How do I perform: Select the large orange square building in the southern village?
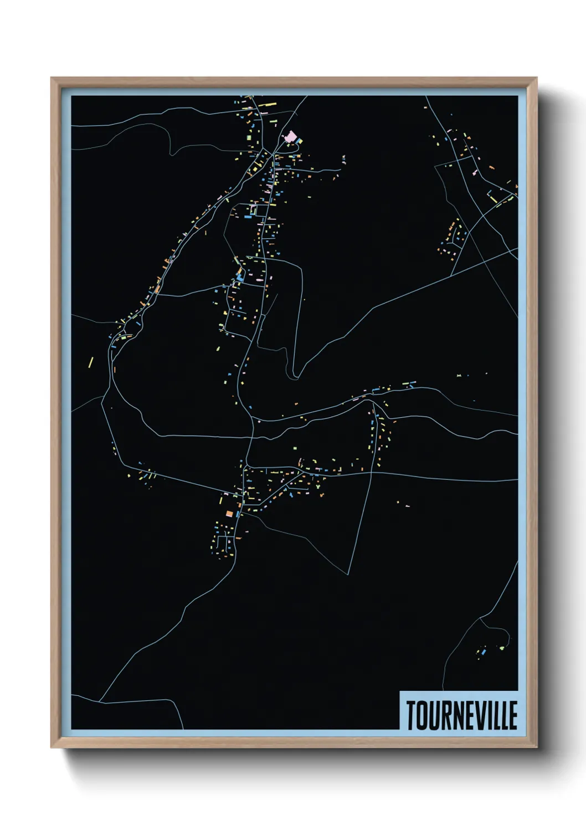pos(229,514)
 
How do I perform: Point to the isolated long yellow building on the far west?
pos(91,362)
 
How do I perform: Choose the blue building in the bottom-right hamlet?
pos(483,652)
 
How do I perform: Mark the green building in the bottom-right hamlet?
pos(502,647)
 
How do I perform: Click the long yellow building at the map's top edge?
pos(268,104)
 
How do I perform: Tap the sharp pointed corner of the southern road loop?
pos(348,574)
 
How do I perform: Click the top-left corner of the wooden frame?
pos(52,78)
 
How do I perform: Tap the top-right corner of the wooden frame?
pos(536,78)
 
